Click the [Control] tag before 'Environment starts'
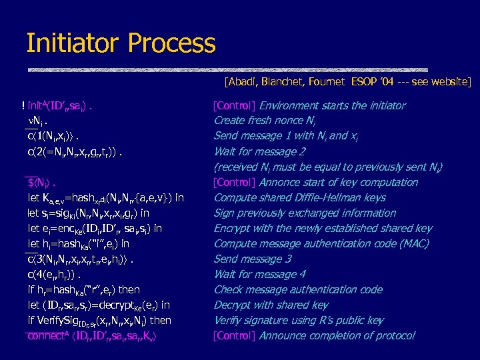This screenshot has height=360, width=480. click(234, 105)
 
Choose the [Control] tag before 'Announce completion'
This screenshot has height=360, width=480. click(234, 335)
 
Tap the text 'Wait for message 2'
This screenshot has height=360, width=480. click(259, 151)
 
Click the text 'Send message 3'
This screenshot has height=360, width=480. click(252, 259)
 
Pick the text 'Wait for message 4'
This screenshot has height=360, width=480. click(259, 274)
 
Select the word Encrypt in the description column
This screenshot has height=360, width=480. click(231, 228)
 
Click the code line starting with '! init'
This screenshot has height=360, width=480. click(56, 105)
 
